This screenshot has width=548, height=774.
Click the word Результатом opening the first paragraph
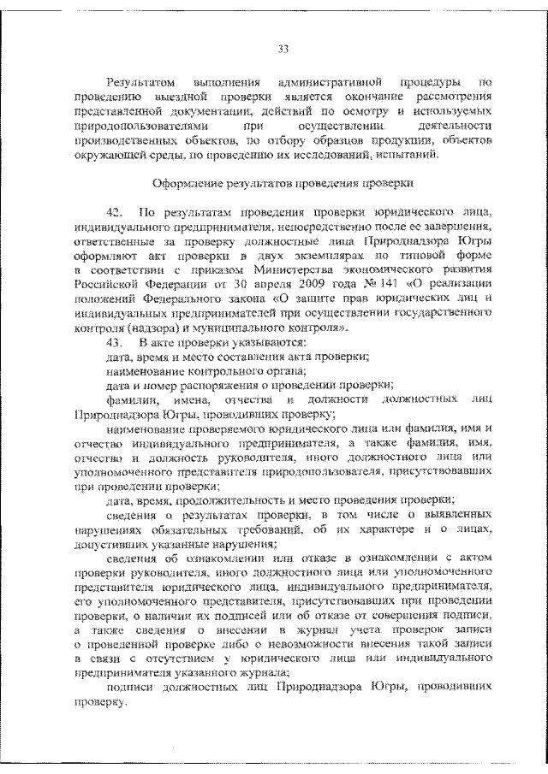(140, 83)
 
